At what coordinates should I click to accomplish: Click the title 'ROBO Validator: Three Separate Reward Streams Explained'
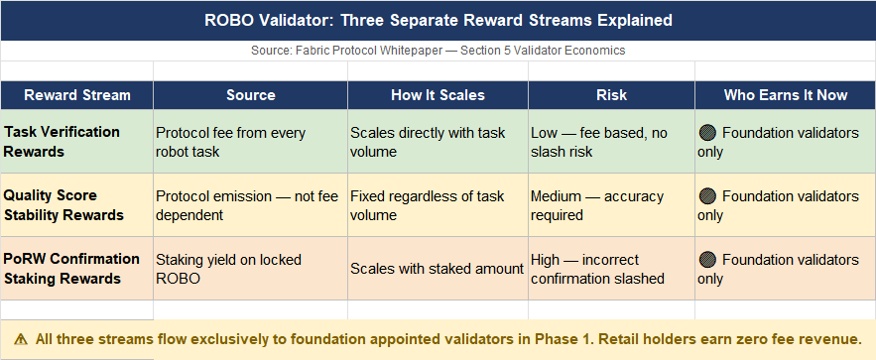pyautogui.click(x=438, y=21)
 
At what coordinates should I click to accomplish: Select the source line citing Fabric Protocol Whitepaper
pyautogui.click(x=438, y=51)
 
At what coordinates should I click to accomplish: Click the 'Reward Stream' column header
pyautogui.click(x=77, y=95)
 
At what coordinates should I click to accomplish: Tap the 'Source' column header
pyautogui.click(x=251, y=95)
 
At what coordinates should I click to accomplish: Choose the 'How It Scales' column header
pyautogui.click(x=438, y=95)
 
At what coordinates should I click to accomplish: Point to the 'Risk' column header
pyautogui.click(x=612, y=95)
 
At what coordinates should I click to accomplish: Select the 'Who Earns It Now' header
pyautogui.click(x=786, y=95)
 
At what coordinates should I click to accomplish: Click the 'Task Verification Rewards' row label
pyautogui.click(x=63, y=142)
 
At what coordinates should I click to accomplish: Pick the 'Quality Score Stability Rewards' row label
pyautogui.click(x=63, y=205)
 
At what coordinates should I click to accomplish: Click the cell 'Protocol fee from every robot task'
pyautogui.click(x=231, y=143)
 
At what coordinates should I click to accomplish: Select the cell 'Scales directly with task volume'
pyautogui.click(x=428, y=143)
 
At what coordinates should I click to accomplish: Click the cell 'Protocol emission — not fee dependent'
pyautogui.click(x=247, y=206)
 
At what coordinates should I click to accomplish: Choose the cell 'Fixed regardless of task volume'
pyautogui.click(x=428, y=206)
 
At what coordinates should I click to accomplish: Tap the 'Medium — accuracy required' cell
pyautogui.click(x=597, y=206)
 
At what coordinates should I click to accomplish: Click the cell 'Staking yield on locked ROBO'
pyautogui.click(x=228, y=269)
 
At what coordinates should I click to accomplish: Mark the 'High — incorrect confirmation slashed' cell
pyautogui.click(x=598, y=269)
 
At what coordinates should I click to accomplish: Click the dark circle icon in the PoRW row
pyautogui.click(x=707, y=260)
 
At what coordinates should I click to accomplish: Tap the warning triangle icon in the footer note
pyautogui.click(x=21, y=339)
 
